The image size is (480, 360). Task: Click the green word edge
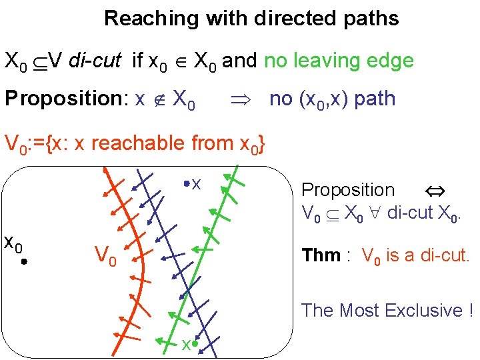(x=390, y=61)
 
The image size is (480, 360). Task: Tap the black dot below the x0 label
(x=23, y=263)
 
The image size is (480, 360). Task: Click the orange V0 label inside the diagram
(x=105, y=255)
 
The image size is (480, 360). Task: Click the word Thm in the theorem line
(x=321, y=255)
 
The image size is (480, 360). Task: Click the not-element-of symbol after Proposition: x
(x=159, y=100)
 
